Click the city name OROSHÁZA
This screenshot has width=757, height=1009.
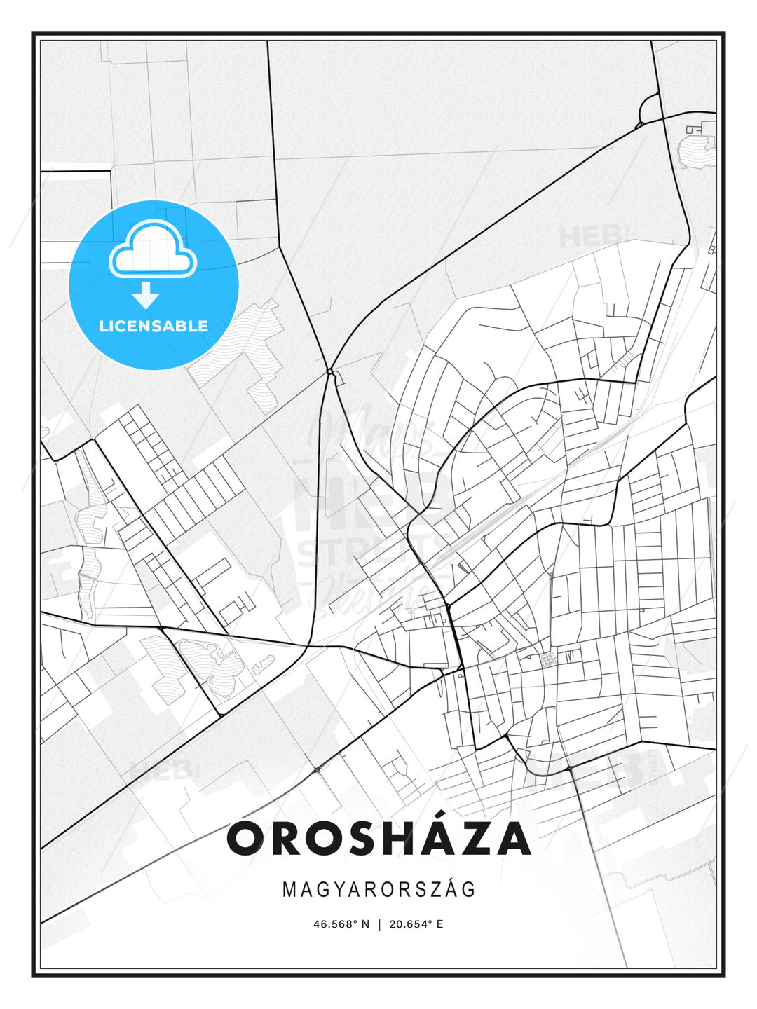(x=378, y=839)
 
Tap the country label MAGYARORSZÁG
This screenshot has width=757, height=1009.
(x=378, y=889)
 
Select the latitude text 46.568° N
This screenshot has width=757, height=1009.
(x=341, y=924)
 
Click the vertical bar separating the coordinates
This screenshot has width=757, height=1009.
(x=379, y=924)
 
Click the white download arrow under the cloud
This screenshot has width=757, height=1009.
(x=145, y=295)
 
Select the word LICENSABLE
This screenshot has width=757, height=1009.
(x=154, y=326)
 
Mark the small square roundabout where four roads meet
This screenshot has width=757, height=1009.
(x=330, y=371)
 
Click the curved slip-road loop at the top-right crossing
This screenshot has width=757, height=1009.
(x=648, y=109)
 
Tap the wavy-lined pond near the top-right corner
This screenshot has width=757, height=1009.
(x=694, y=151)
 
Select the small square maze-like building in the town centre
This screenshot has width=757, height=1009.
(x=547, y=659)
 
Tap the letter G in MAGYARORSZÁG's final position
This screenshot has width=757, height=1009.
(x=469, y=889)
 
